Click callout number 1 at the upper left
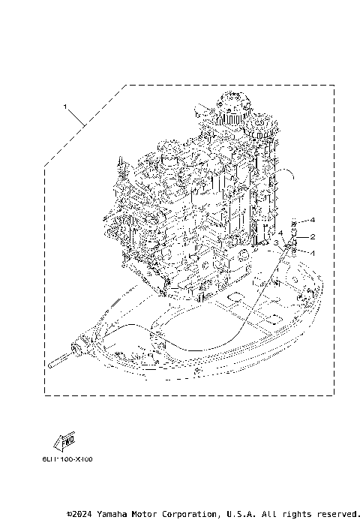(67, 107)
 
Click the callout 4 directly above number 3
(280, 233)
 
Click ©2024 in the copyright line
(81, 514)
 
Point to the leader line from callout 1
(82, 119)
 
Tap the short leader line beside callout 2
(304, 236)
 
